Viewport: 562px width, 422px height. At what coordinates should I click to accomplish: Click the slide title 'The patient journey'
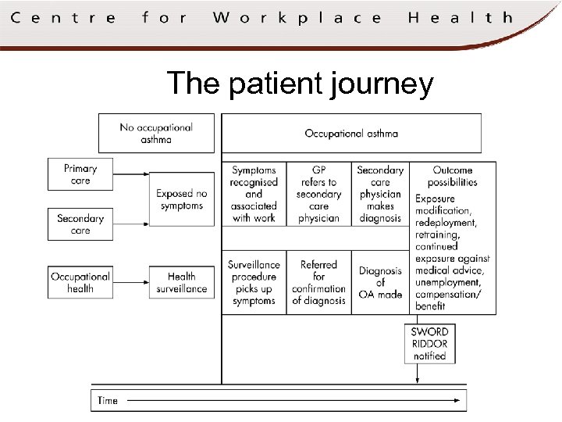(300, 83)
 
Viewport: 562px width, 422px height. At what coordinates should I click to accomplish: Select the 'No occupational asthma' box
(156, 133)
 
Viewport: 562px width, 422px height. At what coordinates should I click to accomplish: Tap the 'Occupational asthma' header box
(351, 133)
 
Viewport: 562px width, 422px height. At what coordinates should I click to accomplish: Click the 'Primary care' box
(80, 174)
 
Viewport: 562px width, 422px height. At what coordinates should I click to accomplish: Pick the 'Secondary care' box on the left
(80, 224)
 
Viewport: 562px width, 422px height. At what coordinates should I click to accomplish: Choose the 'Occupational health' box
(80, 282)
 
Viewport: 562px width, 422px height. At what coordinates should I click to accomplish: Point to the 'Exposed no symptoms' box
(181, 199)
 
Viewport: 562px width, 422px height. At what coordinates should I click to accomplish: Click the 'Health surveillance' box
(181, 282)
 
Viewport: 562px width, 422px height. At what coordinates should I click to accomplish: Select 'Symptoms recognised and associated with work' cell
(254, 194)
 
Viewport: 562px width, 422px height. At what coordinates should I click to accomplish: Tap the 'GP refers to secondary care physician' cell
(318, 194)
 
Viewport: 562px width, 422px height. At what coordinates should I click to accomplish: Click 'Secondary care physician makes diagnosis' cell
(380, 194)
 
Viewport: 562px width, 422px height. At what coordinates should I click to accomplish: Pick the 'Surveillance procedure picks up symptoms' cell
(254, 282)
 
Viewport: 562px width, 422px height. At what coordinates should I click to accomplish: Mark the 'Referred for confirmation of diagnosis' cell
(318, 282)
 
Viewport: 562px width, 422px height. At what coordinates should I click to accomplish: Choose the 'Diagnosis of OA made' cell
(380, 282)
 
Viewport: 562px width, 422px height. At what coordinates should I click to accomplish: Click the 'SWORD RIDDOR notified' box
(429, 343)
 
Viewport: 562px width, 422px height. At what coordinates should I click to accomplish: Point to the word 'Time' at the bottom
(108, 400)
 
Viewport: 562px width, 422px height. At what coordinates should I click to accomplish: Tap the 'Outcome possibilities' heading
(453, 176)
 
